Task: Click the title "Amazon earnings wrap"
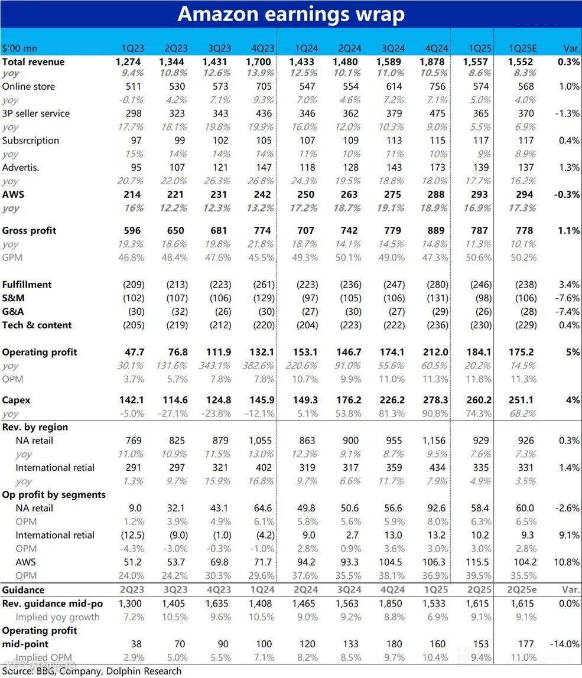[x=291, y=14]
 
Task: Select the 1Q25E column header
[x=522, y=48]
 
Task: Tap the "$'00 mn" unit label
[x=20, y=48]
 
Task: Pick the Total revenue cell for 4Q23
[x=259, y=61]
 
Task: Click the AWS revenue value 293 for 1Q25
[x=479, y=194]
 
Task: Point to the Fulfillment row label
[x=27, y=284]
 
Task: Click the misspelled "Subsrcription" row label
[x=31, y=141]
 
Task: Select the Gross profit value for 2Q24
[x=349, y=230]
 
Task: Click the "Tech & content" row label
[x=37, y=325]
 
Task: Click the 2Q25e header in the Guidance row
[x=522, y=589]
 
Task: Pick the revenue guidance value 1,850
[x=393, y=603]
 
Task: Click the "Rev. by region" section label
[x=35, y=427]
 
